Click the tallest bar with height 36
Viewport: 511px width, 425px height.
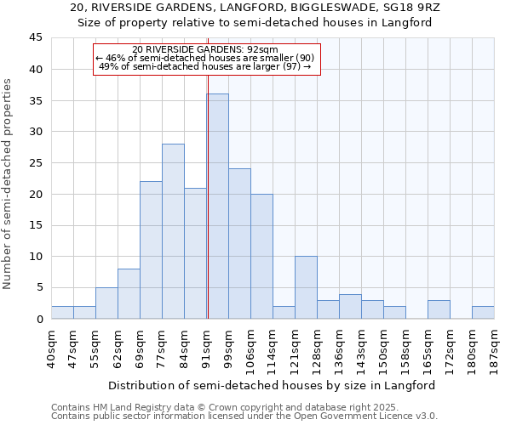click(x=217, y=206)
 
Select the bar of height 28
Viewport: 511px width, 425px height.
click(x=173, y=231)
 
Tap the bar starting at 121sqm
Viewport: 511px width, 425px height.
click(x=306, y=287)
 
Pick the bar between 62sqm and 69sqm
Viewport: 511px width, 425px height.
click(x=129, y=293)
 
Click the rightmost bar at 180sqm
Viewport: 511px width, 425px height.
click(x=483, y=312)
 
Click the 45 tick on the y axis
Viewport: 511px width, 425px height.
click(x=36, y=38)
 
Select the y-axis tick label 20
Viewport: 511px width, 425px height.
click(x=36, y=194)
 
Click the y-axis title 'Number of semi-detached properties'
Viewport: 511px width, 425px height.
click(x=9, y=184)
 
